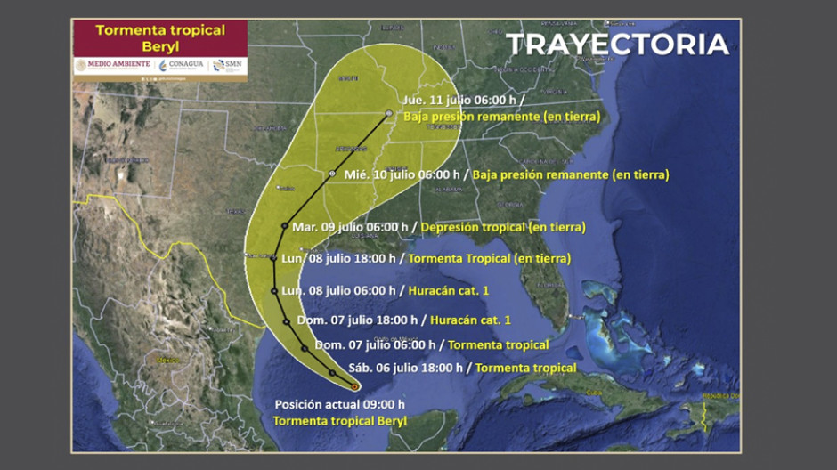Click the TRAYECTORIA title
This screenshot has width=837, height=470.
pyautogui.click(x=617, y=45)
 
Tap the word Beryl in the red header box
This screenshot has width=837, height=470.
pyautogui.click(x=160, y=47)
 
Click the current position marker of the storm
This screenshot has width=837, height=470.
pyautogui.click(x=355, y=386)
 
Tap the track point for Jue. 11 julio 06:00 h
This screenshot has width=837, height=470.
pyautogui.click(x=389, y=113)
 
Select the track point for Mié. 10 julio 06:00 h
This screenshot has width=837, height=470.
pyautogui.click(x=332, y=174)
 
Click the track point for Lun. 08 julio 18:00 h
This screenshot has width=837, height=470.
pyautogui.click(x=273, y=258)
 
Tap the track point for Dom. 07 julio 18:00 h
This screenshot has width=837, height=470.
pyautogui.click(x=286, y=320)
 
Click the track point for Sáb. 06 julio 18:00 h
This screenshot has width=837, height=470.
pyautogui.click(x=332, y=372)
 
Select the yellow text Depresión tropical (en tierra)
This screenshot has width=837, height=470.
pyautogui.click(x=502, y=228)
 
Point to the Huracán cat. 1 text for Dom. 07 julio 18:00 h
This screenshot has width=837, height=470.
pyautogui.click(x=471, y=320)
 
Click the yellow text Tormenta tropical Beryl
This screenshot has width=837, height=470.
pyautogui.click(x=339, y=420)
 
